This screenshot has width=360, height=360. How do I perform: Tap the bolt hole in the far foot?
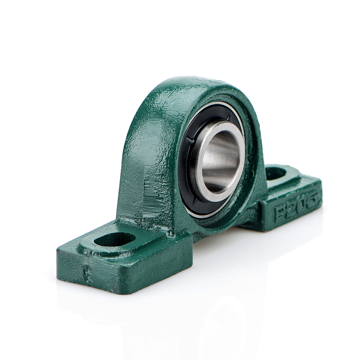[x=275, y=173]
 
